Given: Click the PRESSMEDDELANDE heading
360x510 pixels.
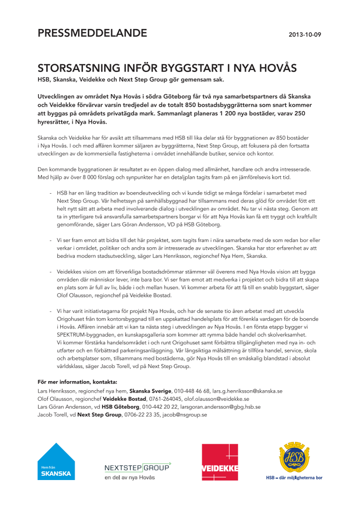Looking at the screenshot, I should tap(92, 33).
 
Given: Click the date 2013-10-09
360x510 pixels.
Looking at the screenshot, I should tap(305, 35).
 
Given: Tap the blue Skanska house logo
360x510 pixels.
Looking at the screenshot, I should tap(56, 462).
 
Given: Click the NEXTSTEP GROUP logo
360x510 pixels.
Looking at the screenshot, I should tap(138, 467).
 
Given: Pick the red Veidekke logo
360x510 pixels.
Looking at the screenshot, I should tap(220, 462).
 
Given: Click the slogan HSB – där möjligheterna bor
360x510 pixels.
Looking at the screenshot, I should tap(294, 478).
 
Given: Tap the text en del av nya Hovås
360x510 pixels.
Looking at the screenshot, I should tap(130, 478).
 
